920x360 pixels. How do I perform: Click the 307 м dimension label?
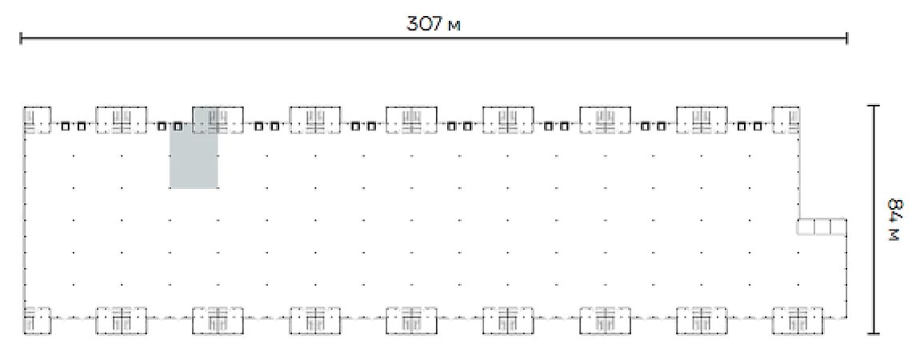click(x=433, y=23)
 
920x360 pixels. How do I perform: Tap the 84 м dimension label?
click(x=894, y=220)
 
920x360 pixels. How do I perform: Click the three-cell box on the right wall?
click(x=822, y=226)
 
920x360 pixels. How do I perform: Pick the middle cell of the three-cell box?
click(x=822, y=226)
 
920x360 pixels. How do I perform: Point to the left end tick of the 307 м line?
click(x=21, y=38)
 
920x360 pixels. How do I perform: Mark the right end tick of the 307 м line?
click(x=846, y=38)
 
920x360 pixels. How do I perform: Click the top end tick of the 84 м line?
click(x=874, y=106)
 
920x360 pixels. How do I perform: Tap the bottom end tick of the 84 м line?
click(x=874, y=334)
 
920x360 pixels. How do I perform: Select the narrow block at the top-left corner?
click(x=38, y=121)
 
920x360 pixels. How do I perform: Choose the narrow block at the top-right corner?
click(x=786, y=121)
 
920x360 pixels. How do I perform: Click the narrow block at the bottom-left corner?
click(x=38, y=320)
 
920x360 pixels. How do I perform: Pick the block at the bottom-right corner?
click(x=798, y=320)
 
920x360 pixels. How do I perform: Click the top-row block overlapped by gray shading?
click(x=218, y=121)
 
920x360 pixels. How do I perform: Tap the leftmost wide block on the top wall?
click(x=122, y=121)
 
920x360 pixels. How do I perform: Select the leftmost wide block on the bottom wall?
click(x=122, y=320)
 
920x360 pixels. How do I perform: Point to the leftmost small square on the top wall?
click(x=65, y=126)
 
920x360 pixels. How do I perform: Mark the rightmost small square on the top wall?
click(x=758, y=126)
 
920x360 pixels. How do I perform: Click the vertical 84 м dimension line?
click(x=874, y=220)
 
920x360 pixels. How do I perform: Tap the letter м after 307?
click(x=454, y=26)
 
